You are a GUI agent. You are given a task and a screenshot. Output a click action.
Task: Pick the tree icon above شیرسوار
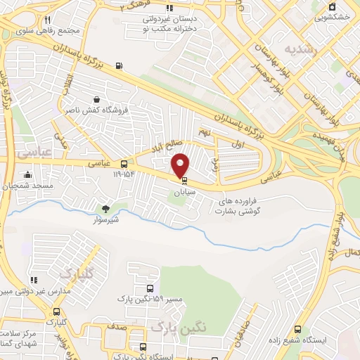coord(105,209)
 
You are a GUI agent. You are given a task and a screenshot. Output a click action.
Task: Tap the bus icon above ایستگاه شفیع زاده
coord(297,328)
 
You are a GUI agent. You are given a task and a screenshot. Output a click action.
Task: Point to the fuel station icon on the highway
coord(119,67)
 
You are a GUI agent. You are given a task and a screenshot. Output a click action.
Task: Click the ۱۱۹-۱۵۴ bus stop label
coord(124,173)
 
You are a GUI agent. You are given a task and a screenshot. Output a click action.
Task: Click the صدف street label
coord(117,328)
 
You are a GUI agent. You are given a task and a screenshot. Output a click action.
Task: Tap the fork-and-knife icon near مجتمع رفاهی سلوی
coord(47,20)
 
